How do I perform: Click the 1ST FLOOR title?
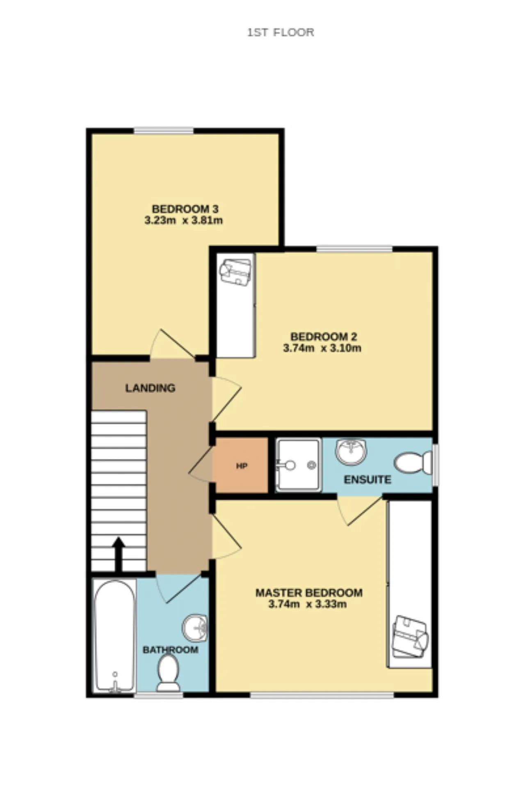click(x=281, y=32)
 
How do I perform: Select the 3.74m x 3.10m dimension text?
click(x=322, y=348)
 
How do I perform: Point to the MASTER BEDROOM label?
click(x=309, y=593)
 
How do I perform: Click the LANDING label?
click(x=150, y=388)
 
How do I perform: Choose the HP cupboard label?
click(x=242, y=466)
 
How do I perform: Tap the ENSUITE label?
click(x=367, y=479)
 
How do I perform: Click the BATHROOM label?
click(x=170, y=650)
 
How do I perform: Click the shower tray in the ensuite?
click(x=298, y=465)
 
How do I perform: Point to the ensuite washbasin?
click(x=351, y=452)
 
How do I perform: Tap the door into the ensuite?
click(x=360, y=511)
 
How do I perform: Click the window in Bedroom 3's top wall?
click(x=164, y=131)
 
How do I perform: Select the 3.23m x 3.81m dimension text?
click(x=183, y=220)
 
